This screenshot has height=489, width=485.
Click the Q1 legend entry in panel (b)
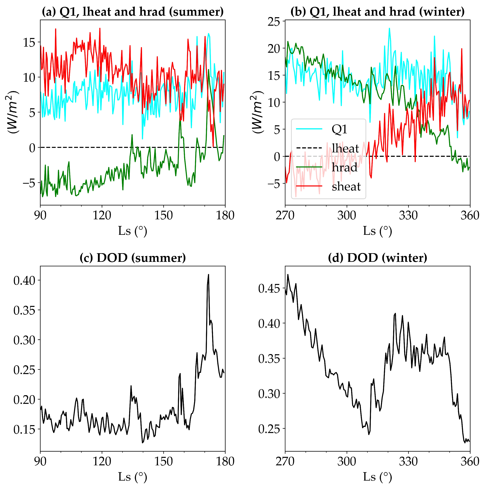pyautogui.click(x=339, y=129)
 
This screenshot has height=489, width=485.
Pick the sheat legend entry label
pyautogui.click(x=346, y=187)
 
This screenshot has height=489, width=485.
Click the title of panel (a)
pyautogui.click(x=132, y=12)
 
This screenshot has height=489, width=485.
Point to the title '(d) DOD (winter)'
pyautogui.click(x=377, y=258)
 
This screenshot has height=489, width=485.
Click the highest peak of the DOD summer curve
pyautogui.click(x=208, y=275)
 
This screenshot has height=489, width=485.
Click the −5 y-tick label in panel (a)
pyautogui.click(x=29, y=183)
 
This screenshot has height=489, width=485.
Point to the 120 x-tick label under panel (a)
pyautogui.click(x=102, y=215)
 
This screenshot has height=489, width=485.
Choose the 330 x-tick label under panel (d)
pyautogui.click(x=408, y=461)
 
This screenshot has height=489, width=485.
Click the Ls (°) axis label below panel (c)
pyautogui.click(x=132, y=477)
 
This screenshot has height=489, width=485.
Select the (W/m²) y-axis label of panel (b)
pyautogui.click(x=258, y=112)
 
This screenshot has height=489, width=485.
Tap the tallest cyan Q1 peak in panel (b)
pyautogui.click(x=389, y=28)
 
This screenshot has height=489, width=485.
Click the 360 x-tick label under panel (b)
pyautogui.click(x=470, y=215)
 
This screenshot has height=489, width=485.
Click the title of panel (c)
pyautogui.click(x=132, y=258)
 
